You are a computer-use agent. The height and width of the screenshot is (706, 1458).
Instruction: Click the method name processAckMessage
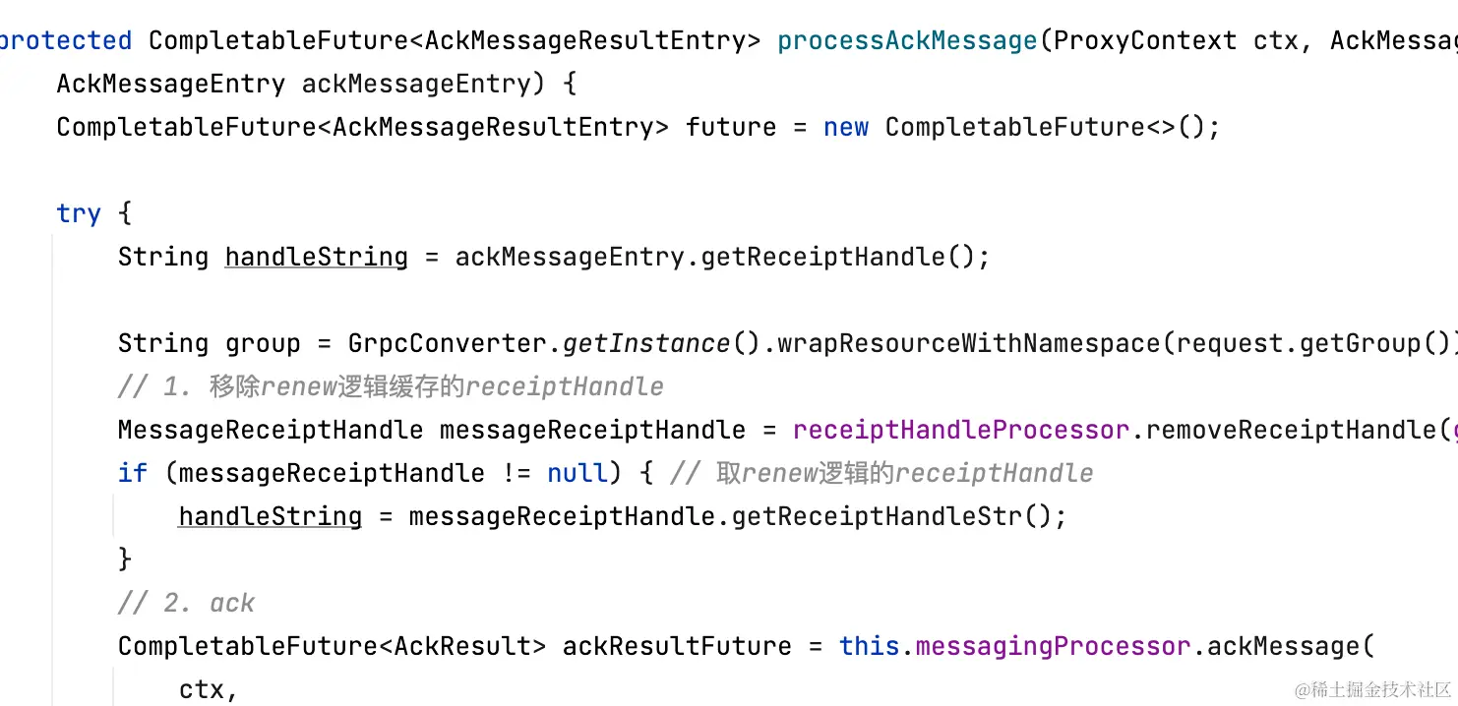coord(907,40)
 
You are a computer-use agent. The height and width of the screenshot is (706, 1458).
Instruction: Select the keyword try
coord(79,213)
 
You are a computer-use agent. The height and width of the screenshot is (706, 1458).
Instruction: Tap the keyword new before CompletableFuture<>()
coord(846,127)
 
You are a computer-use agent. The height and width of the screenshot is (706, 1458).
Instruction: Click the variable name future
coord(731,127)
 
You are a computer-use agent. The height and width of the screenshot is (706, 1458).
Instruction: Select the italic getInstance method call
coord(646,343)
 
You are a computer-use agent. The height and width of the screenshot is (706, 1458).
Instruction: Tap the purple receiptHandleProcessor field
coord(961,430)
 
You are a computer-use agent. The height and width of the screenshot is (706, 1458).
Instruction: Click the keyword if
coord(133,473)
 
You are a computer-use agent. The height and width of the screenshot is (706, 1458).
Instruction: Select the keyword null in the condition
coord(577,473)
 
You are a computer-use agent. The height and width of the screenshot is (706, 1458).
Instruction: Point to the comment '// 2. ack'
coord(186,603)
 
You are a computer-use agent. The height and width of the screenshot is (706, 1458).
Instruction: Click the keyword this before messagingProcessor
coord(870,646)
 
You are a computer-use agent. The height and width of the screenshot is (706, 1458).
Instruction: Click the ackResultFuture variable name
coord(677,646)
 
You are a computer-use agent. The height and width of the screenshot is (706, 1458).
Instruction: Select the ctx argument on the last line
coord(203,689)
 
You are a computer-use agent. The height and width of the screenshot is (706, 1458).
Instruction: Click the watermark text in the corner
coord(1372,689)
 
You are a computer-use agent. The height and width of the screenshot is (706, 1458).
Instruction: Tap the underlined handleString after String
coord(316,257)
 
